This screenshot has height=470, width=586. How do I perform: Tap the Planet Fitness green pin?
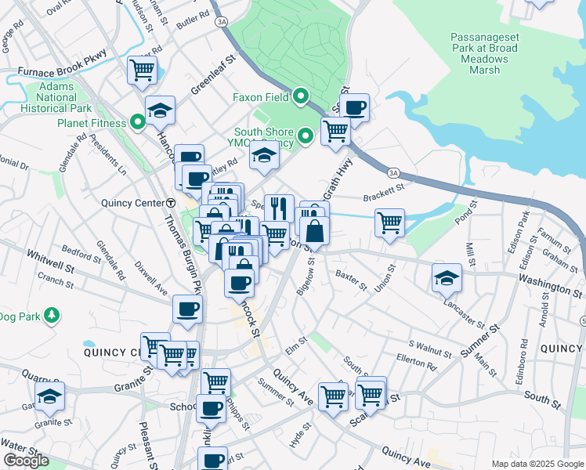[x=138, y=123]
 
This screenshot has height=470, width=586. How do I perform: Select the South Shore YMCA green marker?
[x=306, y=136]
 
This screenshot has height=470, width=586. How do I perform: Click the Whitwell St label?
[x=49, y=255]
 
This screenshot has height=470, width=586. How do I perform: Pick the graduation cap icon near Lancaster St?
[x=447, y=277]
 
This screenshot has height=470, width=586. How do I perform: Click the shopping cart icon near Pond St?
[x=389, y=222]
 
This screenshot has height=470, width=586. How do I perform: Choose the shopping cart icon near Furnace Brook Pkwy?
[x=142, y=70]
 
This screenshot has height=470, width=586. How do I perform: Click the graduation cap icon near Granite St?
[x=50, y=397]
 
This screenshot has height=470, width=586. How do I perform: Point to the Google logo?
[x=26, y=461]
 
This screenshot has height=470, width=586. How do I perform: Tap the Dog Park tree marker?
[x=52, y=316]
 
